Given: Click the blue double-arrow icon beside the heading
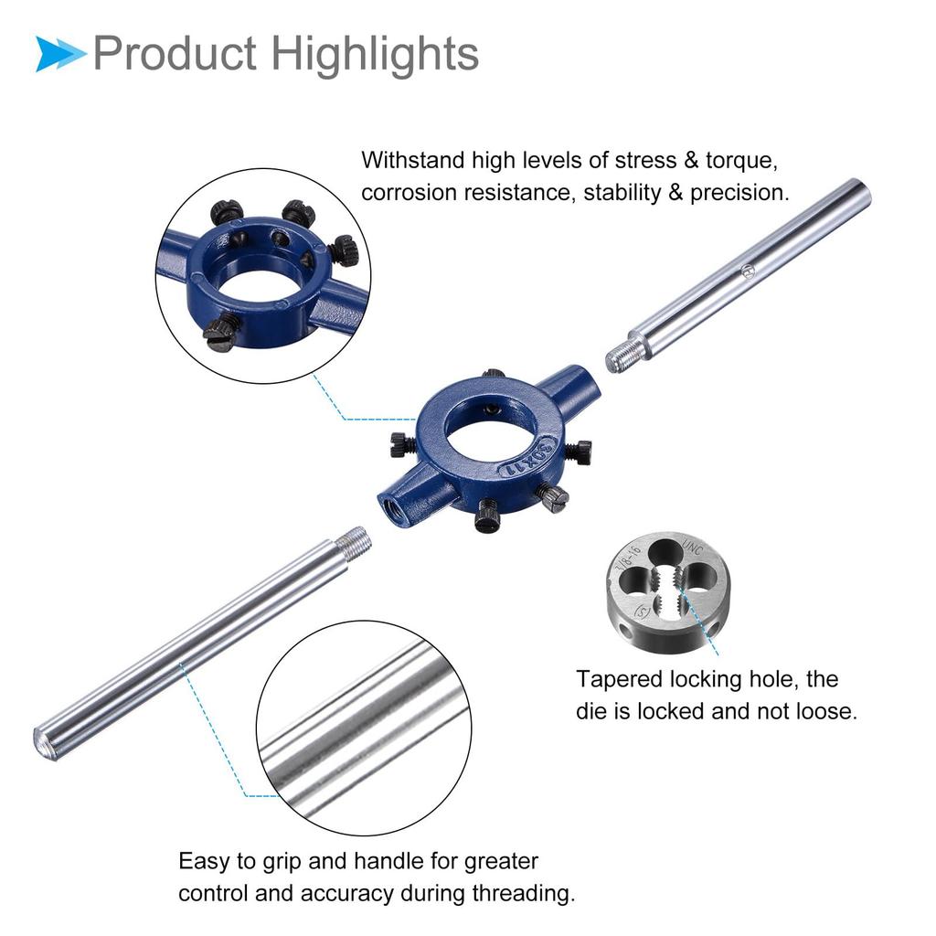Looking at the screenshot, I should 60,54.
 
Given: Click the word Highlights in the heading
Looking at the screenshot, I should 376,54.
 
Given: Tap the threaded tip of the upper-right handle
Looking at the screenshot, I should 622,356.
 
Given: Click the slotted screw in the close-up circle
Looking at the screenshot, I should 220,334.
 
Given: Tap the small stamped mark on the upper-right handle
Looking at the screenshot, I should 747,270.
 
